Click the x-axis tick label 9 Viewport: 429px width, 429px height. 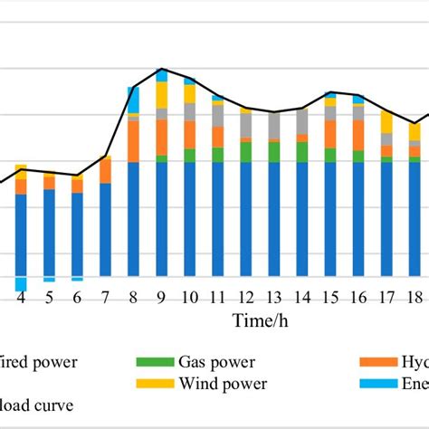(x=162, y=298)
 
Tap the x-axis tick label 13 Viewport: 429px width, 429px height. (x=274, y=298)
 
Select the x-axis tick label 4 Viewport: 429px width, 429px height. (x=21, y=298)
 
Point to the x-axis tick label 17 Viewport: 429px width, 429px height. (x=386, y=298)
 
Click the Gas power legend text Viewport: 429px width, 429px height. (x=209, y=362)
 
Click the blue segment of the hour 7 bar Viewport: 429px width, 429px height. (x=106, y=230)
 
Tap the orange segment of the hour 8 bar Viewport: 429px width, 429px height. (x=134, y=141)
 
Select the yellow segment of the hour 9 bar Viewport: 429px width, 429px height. (x=162, y=95)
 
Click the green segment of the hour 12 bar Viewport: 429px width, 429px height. (x=246, y=152)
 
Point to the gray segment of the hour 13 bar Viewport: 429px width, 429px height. (x=274, y=127)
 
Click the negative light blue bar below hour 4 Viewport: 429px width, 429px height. (x=21, y=284)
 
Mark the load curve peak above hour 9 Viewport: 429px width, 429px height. (x=162, y=69)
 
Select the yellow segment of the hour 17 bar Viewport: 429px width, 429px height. (x=386, y=122)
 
